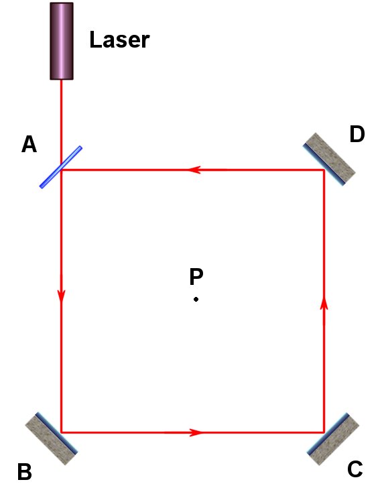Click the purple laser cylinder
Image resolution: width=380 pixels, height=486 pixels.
(62, 41)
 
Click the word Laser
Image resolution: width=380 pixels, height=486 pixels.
(119, 40)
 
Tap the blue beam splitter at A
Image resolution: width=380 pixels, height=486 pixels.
(61, 167)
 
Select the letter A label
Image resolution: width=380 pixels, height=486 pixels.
(29, 144)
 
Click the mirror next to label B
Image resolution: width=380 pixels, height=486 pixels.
(51, 438)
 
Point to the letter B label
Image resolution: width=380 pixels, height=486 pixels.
(25, 471)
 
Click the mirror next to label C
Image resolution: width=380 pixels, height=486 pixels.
(333, 439)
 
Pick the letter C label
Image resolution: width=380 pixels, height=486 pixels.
(355, 469)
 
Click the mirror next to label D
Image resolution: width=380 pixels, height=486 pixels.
(329, 159)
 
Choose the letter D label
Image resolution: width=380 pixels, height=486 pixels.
(357, 134)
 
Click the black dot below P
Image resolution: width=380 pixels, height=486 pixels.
(196, 299)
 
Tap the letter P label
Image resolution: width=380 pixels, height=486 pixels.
(196, 276)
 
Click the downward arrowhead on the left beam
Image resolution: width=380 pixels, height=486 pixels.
(62, 296)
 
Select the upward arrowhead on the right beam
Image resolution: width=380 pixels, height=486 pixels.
(324, 303)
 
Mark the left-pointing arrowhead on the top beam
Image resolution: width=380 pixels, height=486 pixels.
(194, 170)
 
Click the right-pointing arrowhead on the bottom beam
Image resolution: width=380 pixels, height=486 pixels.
(196, 432)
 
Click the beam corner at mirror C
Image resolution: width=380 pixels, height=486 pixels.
(324, 432)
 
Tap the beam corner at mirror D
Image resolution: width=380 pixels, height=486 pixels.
(324, 170)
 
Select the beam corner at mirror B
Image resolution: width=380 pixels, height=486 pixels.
(62, 432)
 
